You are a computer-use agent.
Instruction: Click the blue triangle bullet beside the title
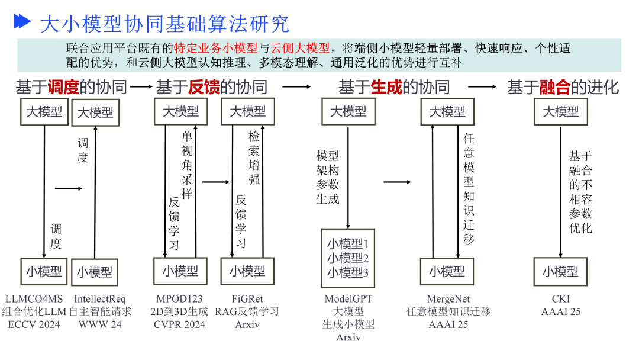point(22,22)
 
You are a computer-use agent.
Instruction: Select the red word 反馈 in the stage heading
point(204,88)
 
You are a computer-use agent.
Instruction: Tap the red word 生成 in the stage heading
point(386,88)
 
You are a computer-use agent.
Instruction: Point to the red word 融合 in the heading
point(555,88)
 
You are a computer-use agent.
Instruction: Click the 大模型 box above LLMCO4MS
point(44,112)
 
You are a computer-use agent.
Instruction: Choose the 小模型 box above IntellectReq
point(95,272)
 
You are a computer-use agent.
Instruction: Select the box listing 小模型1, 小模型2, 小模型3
point(348,258)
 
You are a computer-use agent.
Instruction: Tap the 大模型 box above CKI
point(561,111)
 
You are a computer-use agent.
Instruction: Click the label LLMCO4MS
point(34,299)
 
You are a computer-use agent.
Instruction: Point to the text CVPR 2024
point(179,324)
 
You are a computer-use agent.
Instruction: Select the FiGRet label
point(247,299)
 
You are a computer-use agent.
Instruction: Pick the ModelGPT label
point(348,299)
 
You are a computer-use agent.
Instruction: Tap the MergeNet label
point(447,299)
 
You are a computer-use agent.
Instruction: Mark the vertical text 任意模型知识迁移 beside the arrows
point(469,188)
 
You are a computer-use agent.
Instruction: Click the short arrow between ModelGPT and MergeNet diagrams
point(396,182)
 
